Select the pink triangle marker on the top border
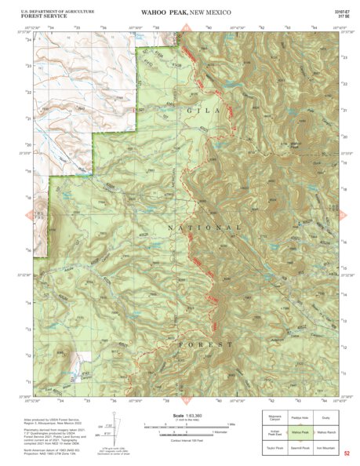(186, 27)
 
